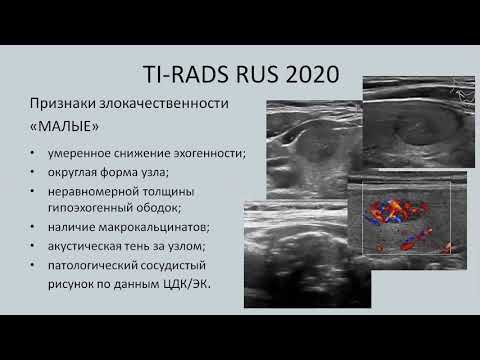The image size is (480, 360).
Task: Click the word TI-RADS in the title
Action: click(187, 74)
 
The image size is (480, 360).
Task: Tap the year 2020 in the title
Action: click(312, 74)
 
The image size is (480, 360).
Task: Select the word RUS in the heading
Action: click(258, 74)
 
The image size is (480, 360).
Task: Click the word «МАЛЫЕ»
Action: click(64, 126)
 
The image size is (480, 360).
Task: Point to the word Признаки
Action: click(62, 103)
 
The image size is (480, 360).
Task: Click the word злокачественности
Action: click(164, 103)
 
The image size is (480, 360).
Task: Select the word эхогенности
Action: click(210, 154)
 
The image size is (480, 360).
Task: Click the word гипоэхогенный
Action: click(89, 208)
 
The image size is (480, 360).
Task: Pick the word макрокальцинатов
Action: click(154, 227)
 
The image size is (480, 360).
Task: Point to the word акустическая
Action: click(84, 246)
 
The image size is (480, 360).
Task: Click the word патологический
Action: click(92, 266)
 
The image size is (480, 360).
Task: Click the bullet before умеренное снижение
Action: click(32, 153)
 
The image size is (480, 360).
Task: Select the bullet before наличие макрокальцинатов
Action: click(32, 227)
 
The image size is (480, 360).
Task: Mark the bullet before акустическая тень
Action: click(32, 246)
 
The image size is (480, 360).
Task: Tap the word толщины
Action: click(168, 192)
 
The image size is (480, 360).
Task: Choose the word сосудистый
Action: click(174, 266)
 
